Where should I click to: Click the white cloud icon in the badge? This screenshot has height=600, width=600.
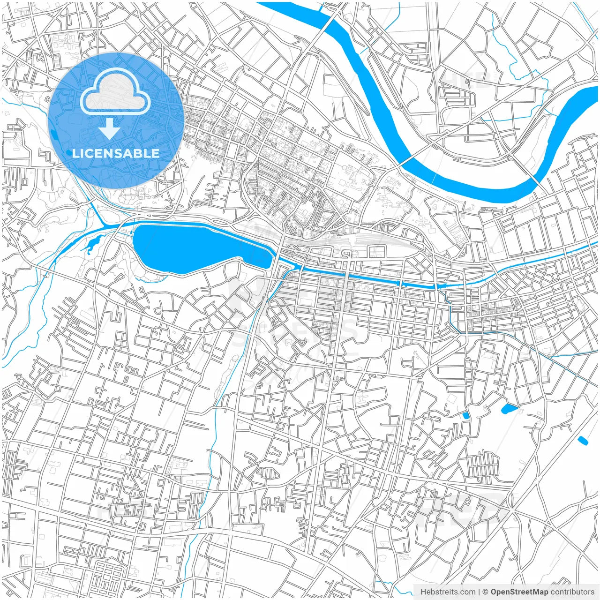115,92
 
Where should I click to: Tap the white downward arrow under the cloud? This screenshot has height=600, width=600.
109,128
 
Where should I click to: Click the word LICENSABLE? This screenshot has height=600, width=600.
116,153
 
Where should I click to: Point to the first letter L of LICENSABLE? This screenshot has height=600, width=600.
75,153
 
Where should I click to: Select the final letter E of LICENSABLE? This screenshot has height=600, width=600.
156,153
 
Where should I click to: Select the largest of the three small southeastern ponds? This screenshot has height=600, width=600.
508,409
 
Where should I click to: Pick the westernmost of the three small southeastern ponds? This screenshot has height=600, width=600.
465,415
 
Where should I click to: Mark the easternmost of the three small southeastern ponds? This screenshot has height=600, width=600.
583,441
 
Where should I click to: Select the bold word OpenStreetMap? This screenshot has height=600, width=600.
519,592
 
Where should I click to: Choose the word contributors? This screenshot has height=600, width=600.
572,592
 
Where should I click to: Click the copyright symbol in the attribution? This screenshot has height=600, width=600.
486,592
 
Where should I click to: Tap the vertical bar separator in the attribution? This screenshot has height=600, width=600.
479,592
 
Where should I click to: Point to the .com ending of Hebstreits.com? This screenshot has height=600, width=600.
467,592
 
